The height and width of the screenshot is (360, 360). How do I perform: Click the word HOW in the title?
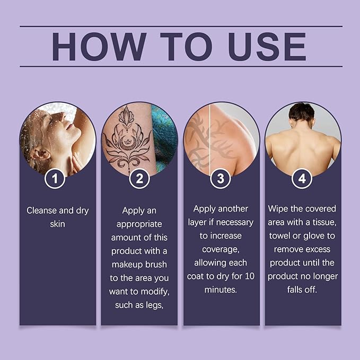tap(99, 47)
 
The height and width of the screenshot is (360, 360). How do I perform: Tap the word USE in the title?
tap(267, 47)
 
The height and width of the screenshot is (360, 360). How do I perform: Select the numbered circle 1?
tap(55, 178)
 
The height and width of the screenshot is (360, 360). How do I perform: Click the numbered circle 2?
tap(139, 178)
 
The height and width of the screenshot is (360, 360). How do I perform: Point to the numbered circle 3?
tap(221, 178)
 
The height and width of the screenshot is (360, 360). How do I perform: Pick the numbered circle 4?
tap(302, 178)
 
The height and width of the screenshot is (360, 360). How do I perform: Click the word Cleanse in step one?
tap(42, 210)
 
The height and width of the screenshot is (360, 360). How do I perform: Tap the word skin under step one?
tap(57, 224)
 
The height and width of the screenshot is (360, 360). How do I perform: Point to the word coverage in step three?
tap(221, 249)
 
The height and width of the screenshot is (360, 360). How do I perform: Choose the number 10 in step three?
tap(249, 276)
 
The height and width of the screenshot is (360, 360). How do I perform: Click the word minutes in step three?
tap(221, 289)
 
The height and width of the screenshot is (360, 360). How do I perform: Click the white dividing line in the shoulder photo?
tap(210, 139)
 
